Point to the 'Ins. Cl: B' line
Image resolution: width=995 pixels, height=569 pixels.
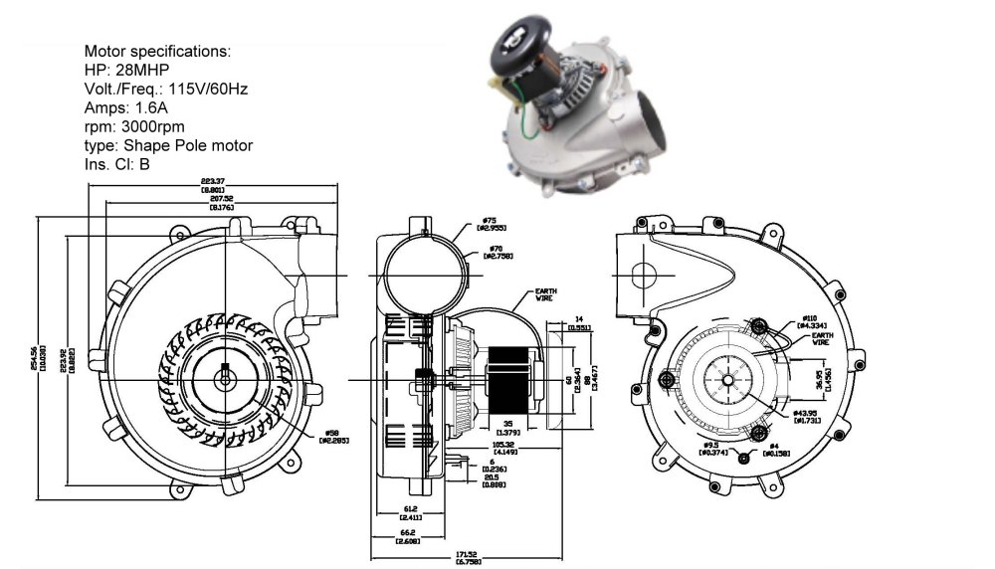[117, 164]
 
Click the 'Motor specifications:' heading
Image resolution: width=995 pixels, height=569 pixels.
[156, 51]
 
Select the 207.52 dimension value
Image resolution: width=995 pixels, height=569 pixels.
[221, 199]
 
